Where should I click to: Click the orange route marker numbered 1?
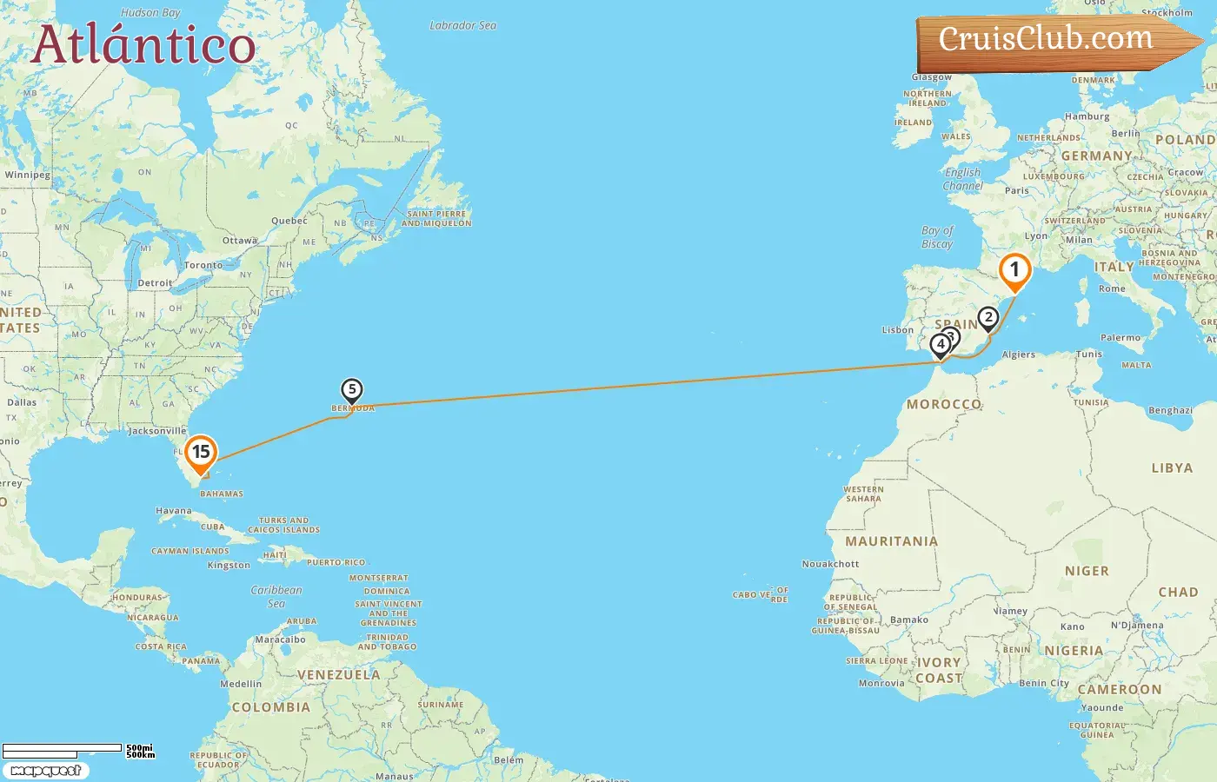(x=1014, y=270)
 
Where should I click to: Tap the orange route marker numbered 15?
(x=201, y=453)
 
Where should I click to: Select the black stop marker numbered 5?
(x=351, y=390)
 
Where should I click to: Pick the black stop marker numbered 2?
(x=988, y=318)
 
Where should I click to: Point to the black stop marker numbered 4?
(x=940, y=345)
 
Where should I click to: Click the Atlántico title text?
(x=143, y=45)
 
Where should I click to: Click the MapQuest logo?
(x=46, y=771)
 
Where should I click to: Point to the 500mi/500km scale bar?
(x=78, y=751)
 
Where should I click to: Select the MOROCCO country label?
(x=944, y=404)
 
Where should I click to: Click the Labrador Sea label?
(x=462, y=25)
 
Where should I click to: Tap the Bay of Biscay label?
(x=937, y=237)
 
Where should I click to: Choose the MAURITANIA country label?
(x=891, y=541)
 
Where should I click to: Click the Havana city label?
(x=173, y=511)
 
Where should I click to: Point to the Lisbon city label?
(x=897, y=330)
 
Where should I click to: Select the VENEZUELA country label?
(x=338, y=675)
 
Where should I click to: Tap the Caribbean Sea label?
(x=276, y=596)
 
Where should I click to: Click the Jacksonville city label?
(x=157, y=431)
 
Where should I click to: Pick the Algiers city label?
(x=1018, y=355)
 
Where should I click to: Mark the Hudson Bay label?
(x=150, y=13)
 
